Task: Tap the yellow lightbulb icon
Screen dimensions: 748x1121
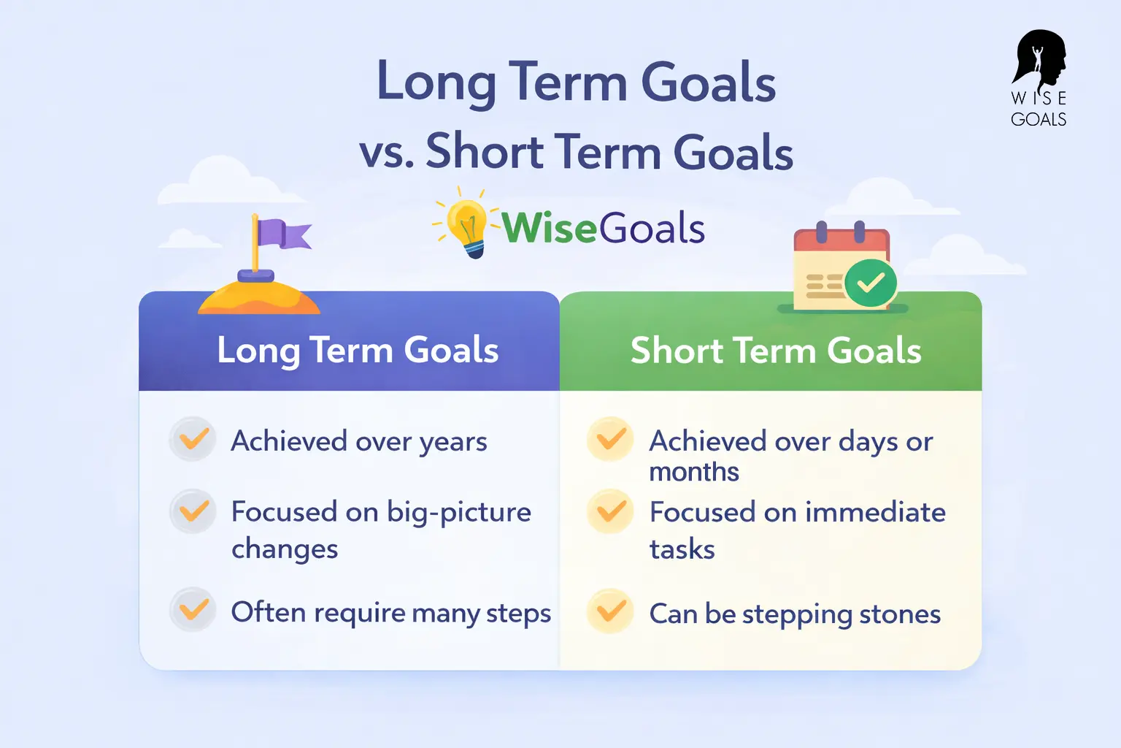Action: [467, 223]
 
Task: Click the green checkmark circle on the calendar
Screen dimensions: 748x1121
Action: [870, 283]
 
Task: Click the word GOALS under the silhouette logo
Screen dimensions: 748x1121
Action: [1039, 119]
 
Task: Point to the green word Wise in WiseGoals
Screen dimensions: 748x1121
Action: [549, 228]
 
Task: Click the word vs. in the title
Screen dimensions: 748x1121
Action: [387, 151]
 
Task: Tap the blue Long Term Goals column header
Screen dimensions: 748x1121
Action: [358, 350]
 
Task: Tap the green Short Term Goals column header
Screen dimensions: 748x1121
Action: [776, 350]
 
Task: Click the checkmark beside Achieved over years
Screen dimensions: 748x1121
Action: [193, 439]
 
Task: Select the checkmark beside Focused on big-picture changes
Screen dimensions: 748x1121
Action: [193, 511]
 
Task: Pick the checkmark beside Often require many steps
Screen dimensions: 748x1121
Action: [193, 609]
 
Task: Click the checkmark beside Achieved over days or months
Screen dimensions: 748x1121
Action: [610, 439]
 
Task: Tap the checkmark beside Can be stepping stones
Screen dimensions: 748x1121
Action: [610, 611]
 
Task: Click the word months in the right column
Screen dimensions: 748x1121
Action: [693, 473]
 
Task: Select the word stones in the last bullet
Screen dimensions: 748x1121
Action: [899, 614]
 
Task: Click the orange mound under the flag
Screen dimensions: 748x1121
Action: [258, 299]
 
